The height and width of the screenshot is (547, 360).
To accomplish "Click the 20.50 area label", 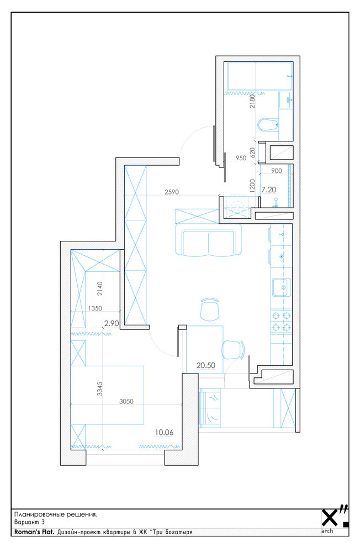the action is pos(205,365).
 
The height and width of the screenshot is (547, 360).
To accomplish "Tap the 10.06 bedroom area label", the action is pos(164,432).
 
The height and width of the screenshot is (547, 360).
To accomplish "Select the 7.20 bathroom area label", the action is pos(269,190).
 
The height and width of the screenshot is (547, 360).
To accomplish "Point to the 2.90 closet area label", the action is pos(112,323).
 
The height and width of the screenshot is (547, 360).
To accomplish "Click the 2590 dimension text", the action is pos(172,192).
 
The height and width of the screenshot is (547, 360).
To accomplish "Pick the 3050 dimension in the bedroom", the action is pos(126,402).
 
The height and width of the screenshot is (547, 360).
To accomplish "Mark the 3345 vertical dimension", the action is pos(100,388).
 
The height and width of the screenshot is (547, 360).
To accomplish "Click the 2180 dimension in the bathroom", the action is pos(253,102).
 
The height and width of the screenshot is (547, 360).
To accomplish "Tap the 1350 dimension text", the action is pos(95,308).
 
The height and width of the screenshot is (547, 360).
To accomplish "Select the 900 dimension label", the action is pos(277,171).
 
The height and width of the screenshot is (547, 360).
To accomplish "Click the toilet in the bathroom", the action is pos(268,124).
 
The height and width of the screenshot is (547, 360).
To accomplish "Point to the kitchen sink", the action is pos(281,287).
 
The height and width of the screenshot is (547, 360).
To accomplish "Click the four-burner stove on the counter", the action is pos(281,321).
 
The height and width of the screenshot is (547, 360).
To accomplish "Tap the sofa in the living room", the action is pos(208,240).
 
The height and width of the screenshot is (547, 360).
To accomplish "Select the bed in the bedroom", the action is pos(107,395).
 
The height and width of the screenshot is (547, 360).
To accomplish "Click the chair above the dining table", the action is pos(209,309).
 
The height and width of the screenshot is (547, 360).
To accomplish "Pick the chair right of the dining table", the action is pos(233,350).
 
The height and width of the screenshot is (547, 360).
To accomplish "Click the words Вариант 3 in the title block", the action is pos(29,522).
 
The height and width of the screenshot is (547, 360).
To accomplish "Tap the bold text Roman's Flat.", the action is pos(34,532).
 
